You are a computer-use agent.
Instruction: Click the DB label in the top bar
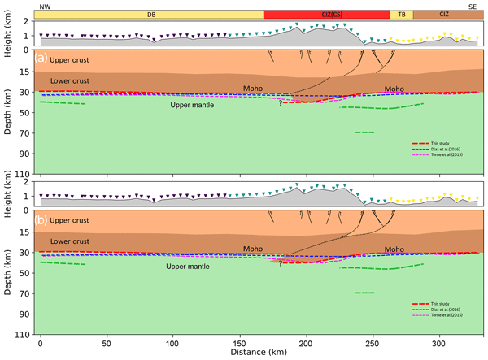coord(151,15)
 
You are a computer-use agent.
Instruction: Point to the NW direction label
coord(45,6)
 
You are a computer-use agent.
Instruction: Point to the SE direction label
coord(473,6)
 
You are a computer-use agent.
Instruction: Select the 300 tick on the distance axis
coord(440,342)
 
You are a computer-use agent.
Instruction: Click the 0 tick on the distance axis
coord(40,342)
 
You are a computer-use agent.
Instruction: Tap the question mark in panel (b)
coord(281,263)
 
